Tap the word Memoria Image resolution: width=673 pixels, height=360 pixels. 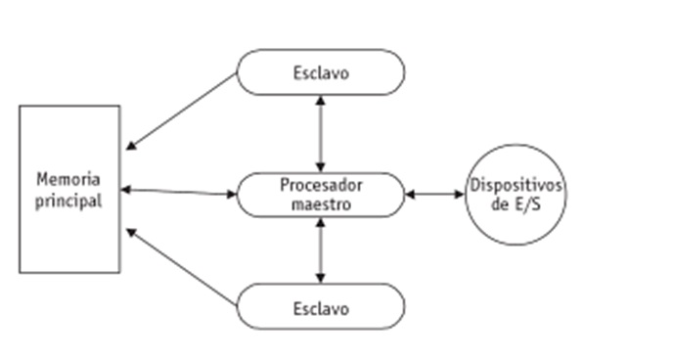pyautogui.click(x=69, y=180)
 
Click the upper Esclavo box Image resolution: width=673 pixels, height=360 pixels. pyautogui.click(x=320, y=71)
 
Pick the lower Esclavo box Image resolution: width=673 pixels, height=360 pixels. pyautogui.click(x=320, y=307)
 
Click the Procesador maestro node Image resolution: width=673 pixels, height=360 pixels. pyautogui.click(x=320, y=195)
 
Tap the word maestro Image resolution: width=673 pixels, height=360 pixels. pyautogui.click(x=320, y=204)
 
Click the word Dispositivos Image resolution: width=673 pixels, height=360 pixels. pyautogui.click(x=516, y=185)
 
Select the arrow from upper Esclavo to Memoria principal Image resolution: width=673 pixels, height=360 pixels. pyautogui.click(x=182, y=111)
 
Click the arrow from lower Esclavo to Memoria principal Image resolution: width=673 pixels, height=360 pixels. pyautogui.click(x=182, y=268)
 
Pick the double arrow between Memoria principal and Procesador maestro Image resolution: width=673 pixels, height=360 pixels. pyautogui.click(x=179, y=191)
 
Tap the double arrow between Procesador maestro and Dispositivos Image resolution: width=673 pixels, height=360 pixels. pyautogui.click(x=435, y=195)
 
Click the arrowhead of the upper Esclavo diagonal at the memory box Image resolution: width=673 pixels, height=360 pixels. pyautogui.click(x=131, y=148)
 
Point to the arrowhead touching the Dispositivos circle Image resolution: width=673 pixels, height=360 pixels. pyautogui.click(x=461, y=195)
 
